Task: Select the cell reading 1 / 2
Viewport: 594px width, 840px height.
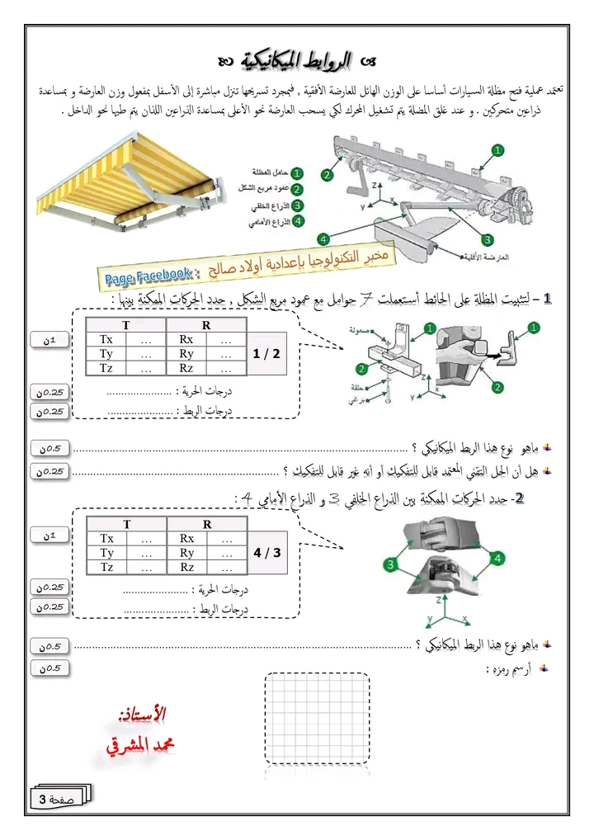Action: point(267,353)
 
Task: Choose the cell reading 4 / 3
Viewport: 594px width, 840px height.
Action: point(267,552)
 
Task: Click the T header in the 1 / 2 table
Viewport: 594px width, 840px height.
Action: point(126,325)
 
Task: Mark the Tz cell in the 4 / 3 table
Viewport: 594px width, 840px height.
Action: point(107,567)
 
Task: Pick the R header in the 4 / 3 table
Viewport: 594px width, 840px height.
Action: point(206,524)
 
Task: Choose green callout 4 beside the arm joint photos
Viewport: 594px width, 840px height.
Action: point(498,559)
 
